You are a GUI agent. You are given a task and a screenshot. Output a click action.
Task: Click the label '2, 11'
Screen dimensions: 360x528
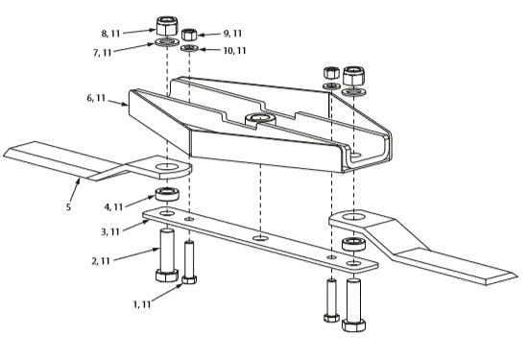pyautogui.click(x=106, y=259)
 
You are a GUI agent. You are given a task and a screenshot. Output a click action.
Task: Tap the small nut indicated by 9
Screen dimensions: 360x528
pyautogui.click(x=191, y=35)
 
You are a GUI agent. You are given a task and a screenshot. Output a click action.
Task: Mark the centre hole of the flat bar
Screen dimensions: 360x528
pyautogui.click(x=258, y=235)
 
